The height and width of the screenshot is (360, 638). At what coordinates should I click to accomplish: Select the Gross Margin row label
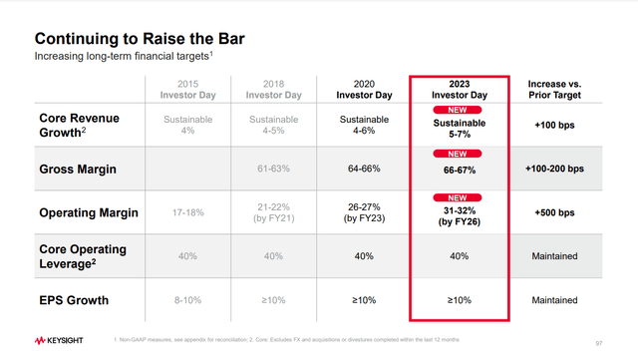pyautogui.click(x=78, y=170)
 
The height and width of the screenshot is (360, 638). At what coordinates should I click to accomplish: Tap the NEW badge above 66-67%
pyautogui.click(x=458, y=156)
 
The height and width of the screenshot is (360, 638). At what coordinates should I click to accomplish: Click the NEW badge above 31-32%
pyautogui.click(x=458, y=197)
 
